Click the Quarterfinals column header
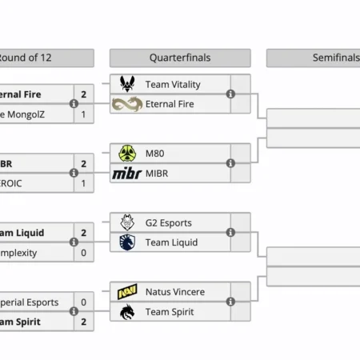(x=180, y=58)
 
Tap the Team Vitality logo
(x=127, y=84)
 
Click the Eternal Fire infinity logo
(x=127, y=104)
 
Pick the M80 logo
(x=127, y=153)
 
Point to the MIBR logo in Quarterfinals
(x=127, y=173)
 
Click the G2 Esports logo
(x=127, y=222)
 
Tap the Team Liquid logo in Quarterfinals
(x=127, y=242)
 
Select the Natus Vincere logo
(x=127, y=291)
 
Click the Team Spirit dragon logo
(x=127, y=311)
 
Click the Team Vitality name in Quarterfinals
(x=173, y=84)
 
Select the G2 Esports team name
(x=169, y=222)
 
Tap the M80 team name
(x=155, y=153)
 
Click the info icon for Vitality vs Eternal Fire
(x=231, y=94)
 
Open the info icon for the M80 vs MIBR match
(x=231, y=163)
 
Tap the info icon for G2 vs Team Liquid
(x=231, y=232)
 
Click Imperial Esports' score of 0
(x=84, y=302)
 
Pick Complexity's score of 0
(x=84, y=252)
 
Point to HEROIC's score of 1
(x=84, y=183)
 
